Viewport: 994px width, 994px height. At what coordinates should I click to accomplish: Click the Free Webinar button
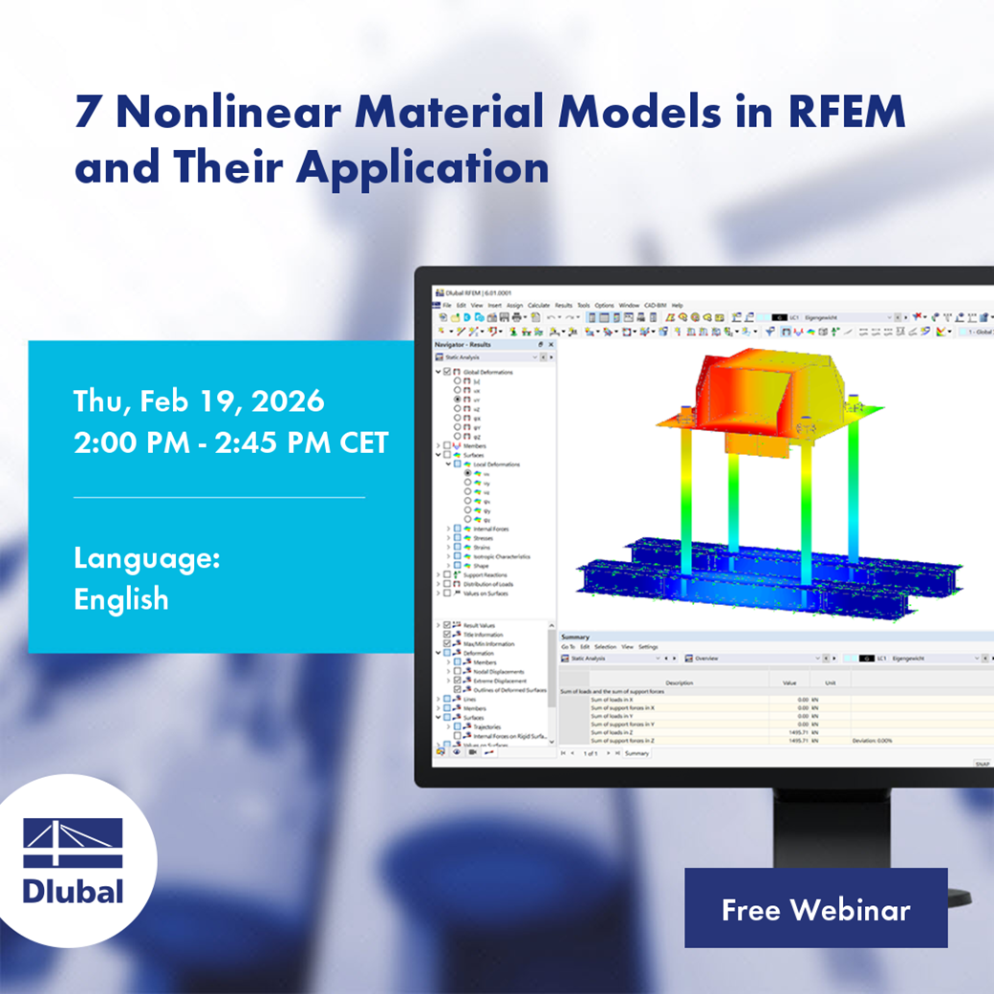click(x=815, y=909)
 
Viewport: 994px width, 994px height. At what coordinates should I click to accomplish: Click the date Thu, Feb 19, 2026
click(x=199, y=400)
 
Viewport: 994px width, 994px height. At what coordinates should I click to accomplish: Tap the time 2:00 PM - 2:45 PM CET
click(x=230, y=443)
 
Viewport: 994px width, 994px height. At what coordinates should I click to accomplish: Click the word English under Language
click(x=121, y=599)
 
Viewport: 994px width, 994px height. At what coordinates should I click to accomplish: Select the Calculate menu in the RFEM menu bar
click(x=538, y=305)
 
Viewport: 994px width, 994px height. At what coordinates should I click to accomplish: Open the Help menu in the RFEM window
click(x=677, y=305)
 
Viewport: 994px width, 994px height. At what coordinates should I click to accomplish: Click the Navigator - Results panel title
click(x=463, y=344)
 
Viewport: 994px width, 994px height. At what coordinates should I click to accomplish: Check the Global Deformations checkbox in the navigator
click(x=446, y=372)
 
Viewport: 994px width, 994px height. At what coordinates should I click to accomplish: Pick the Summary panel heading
click(x=575, y=637)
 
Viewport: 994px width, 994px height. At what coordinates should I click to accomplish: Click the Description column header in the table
click(x=680, y=682)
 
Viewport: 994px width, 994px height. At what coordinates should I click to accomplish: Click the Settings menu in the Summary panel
click(x=648, y=647)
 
